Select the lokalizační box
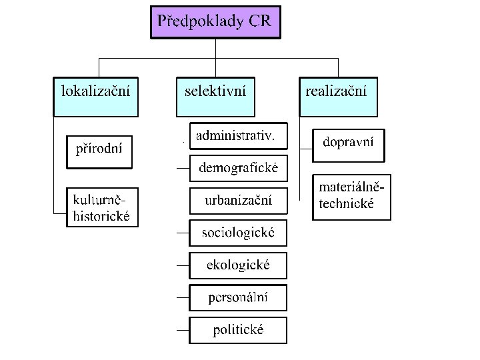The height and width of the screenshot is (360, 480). pyautogui.click(x=95, y=97)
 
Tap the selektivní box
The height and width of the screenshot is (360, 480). pyautogui.click(x=215, y=97)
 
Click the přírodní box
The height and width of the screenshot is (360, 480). pyautogui.click(x=99, y=152)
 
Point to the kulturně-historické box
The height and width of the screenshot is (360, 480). pyautogui.click(x=102, y=207)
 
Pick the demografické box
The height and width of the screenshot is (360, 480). pyautogui.click(x=238, y=168)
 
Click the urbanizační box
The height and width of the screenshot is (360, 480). pyautogui.click(x=238, y=201)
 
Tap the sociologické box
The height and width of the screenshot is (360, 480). pyautogui.click(x=238, y=233)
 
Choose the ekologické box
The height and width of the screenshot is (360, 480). pyautogui.click(x=238, y=265)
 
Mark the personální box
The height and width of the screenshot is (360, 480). pyautogui.click(x=238, y=297)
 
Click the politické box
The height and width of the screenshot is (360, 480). pyautogui.click(x=238, y=330)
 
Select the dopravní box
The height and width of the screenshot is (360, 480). pyautogui.click(x=349, y=145)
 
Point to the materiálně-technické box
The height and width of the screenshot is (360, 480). pyautogui.click(x=351, y=197)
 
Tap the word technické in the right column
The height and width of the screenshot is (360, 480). pyautogui.click(x=347, y=204)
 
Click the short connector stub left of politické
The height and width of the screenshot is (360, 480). pyautogui.click(x=182, y=330)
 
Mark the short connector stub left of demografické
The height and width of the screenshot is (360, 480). pyautogui.click(x=182, y=168)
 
